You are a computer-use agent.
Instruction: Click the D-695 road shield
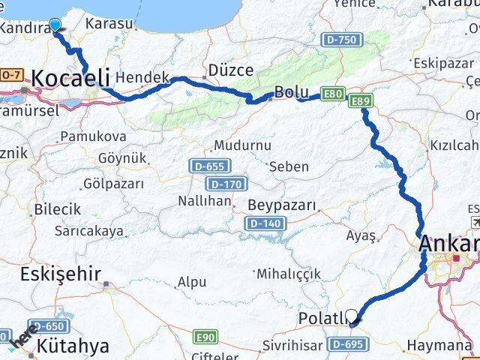pos(347,344)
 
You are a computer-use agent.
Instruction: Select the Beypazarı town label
pos(281,205)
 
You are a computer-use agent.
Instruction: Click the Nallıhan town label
pos(204,201)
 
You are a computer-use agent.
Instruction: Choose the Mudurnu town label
pos(238,145)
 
